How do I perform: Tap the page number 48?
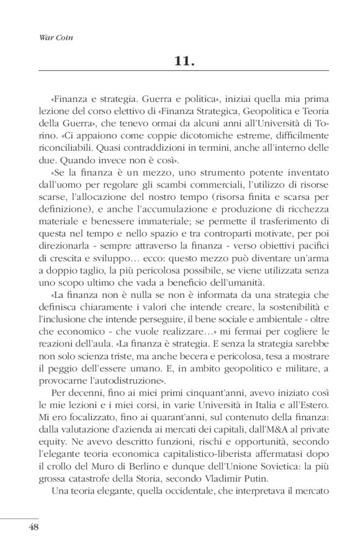coord(35,528)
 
